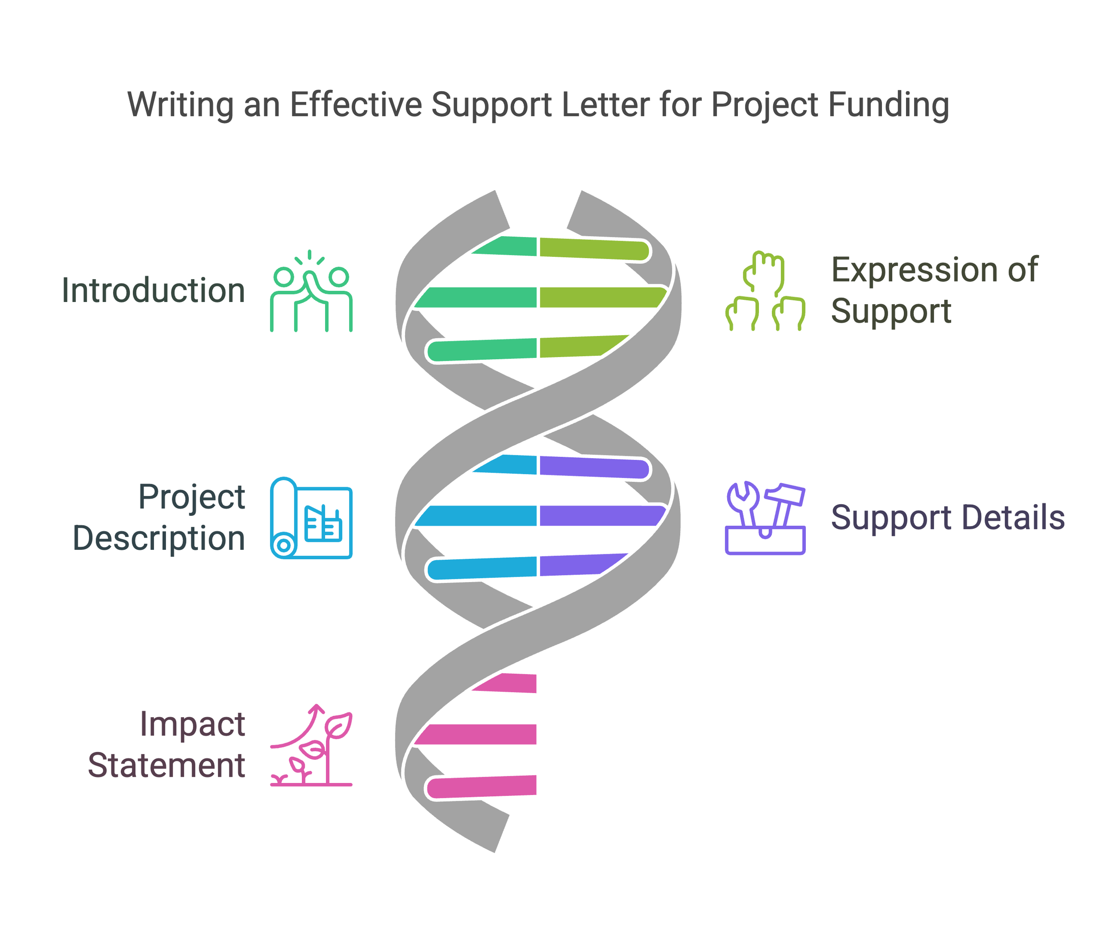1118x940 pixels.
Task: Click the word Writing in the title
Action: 181,105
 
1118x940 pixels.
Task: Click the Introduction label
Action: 153,290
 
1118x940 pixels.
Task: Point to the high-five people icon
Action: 311,291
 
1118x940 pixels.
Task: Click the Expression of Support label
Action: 934,290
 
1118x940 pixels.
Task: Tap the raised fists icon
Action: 765,291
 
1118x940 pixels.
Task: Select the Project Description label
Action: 159,517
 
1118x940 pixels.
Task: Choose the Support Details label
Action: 948,518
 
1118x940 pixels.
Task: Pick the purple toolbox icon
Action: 765,518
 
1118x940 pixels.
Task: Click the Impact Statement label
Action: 166,744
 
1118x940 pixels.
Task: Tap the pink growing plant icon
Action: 311,745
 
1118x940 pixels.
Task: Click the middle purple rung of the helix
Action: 602,516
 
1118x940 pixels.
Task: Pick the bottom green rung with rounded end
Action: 482,350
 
